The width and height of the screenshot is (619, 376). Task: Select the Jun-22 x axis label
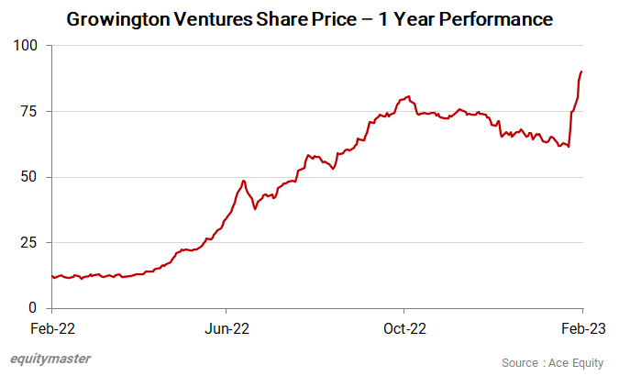click(227, 327)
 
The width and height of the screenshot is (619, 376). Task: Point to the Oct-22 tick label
click(404, 327)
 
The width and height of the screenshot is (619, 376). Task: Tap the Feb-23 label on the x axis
click(581, 327)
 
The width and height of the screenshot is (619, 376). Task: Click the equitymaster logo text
click(51, 359)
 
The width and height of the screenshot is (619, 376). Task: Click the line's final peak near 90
click(581, 72)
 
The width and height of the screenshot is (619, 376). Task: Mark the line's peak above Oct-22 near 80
click(407, 95)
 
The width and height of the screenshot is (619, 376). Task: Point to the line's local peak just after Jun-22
click(243, 181)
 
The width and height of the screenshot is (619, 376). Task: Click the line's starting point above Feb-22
click(52, 276)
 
